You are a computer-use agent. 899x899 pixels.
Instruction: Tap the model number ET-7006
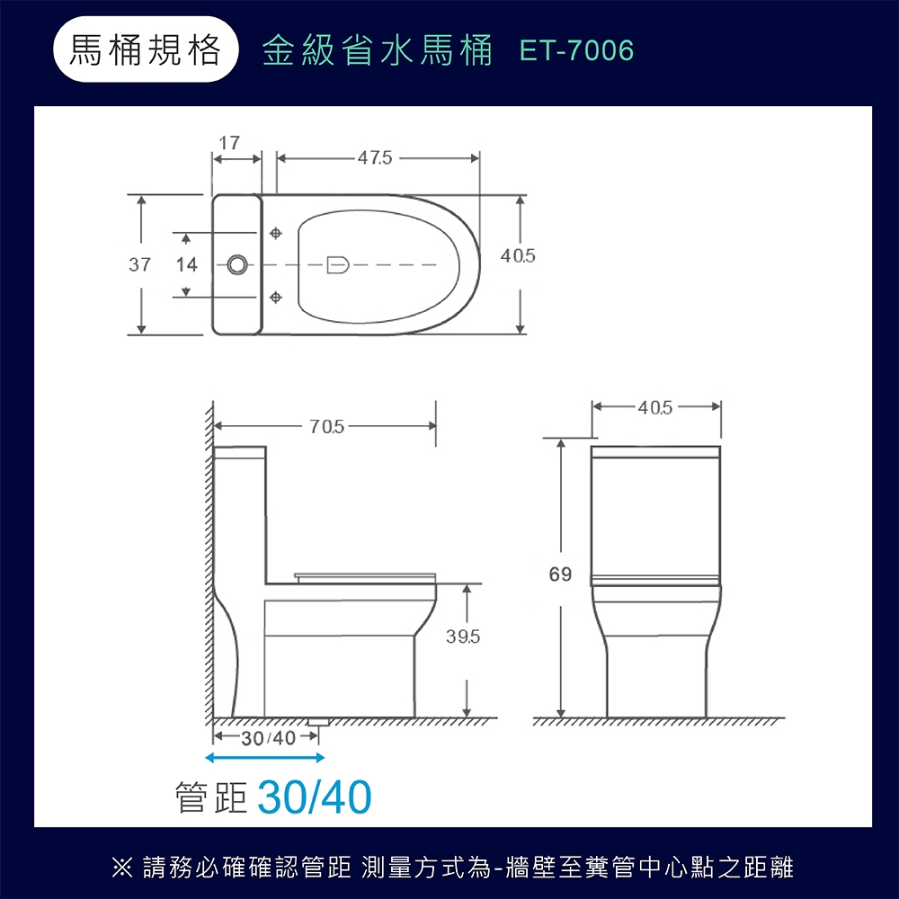tap(577, 51)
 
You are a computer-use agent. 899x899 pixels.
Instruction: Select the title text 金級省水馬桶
tap(378, 51)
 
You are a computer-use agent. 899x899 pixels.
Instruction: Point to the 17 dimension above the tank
tap(229, 143)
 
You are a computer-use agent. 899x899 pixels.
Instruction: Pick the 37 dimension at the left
tap(139, 264)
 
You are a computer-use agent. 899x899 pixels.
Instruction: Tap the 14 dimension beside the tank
tap(186, 265)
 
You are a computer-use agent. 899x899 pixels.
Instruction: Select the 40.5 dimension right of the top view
tap(519, 257)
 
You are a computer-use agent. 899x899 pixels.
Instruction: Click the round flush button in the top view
tap(237, 264)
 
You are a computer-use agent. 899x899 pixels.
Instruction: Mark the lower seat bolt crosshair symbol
tap(276, 296)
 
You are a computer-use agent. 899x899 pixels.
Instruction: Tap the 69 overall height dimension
tap(560, 574)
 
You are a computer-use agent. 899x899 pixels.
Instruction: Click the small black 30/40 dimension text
tap(268, 738)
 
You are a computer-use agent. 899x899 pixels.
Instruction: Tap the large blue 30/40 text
tap(315, 797)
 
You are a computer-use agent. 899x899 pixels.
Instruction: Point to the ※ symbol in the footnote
tap(120, 868)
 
